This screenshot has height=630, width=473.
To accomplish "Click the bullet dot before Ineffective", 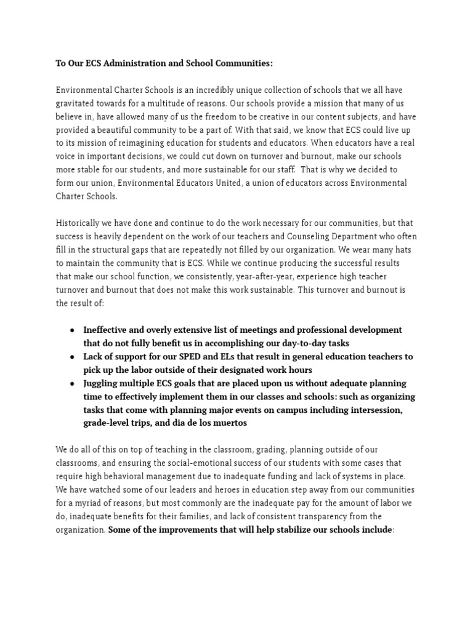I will (x=73, y=330).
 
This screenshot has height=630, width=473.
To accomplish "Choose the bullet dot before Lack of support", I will (x=73, y=357).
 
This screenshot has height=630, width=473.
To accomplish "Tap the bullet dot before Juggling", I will (x=73, y=383).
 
